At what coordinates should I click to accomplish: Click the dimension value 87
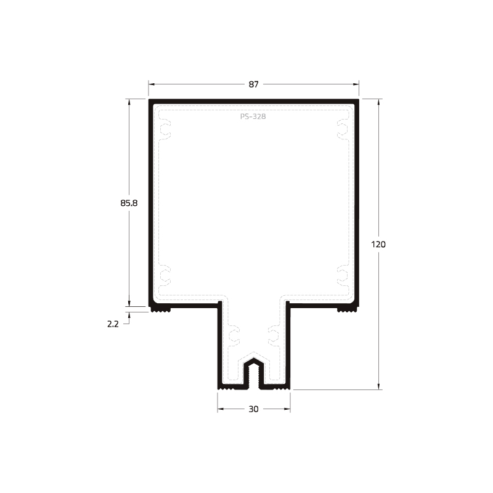point(254,84)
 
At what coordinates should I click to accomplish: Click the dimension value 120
point(378,244)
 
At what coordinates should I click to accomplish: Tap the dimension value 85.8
point(129,203)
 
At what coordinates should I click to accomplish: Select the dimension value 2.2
point(113,324)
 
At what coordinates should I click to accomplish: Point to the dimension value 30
point(253,409)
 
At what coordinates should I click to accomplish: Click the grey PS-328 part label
point(253,116)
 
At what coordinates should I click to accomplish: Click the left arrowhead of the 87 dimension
point(152,84)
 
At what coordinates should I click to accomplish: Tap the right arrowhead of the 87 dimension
point(356,84)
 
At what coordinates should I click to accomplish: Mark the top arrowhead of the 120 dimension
point(378,102)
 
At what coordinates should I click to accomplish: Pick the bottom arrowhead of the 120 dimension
point(378,386)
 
